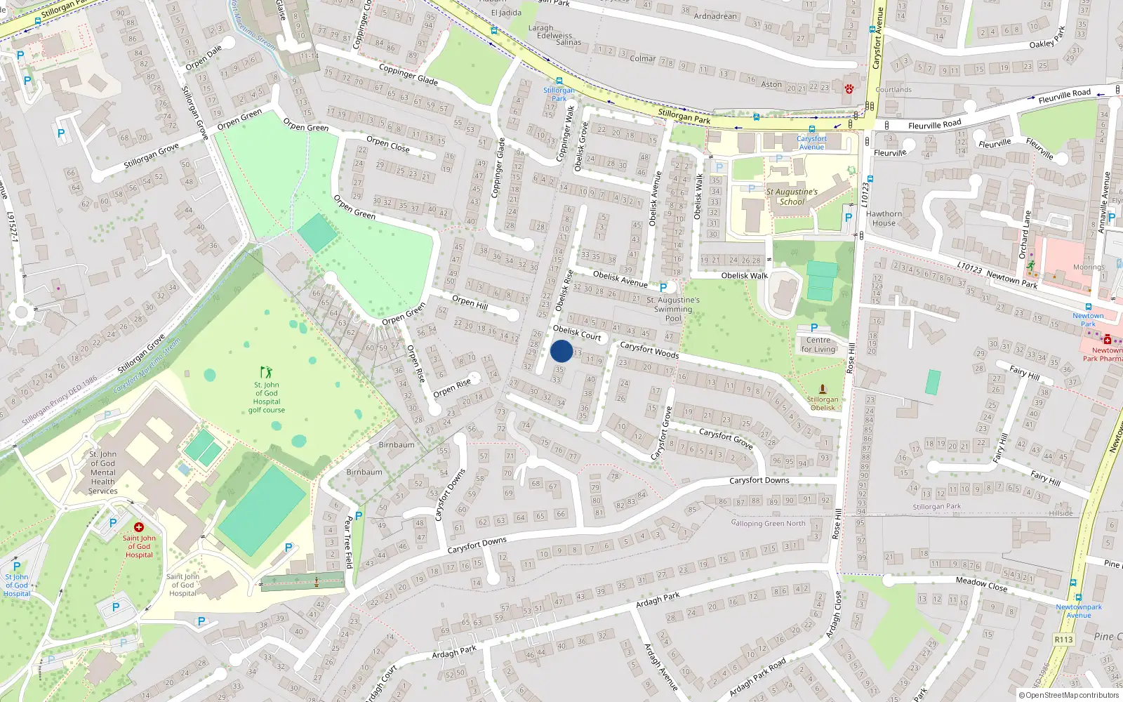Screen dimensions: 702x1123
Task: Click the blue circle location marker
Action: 561,351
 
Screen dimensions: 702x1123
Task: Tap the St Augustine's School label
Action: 792,197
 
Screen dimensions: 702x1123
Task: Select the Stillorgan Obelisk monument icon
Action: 823,390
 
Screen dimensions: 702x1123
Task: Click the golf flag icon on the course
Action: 266,371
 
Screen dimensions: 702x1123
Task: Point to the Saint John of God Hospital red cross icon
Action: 139,527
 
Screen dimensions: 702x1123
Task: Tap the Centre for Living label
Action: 818,345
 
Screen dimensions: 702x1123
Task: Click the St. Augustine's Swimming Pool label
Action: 672,309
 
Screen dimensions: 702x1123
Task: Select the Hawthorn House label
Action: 884,218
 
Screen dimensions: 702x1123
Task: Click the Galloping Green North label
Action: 768,523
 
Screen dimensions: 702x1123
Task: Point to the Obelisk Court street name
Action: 577,332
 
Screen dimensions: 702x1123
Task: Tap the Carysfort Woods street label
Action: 649,350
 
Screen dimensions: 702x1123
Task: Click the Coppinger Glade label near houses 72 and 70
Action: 408,74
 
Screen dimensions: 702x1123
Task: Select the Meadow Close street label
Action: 981,583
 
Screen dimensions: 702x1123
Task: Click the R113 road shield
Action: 1063,639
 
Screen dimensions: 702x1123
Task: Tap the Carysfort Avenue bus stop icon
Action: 812,129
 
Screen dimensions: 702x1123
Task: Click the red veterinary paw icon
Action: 849,89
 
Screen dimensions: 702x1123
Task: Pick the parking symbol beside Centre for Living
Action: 814,328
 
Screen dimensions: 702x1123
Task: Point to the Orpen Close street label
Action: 387,145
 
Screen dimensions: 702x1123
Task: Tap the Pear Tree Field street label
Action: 349,542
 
